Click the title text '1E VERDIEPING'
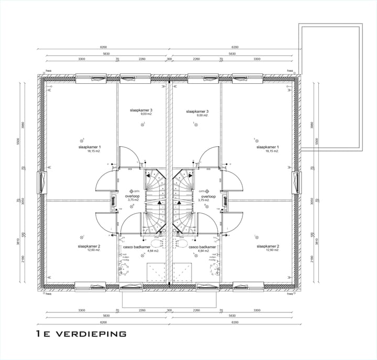coord(81,333)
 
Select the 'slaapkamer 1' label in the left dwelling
coord(88,147)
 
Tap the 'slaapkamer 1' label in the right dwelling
coord(267,147)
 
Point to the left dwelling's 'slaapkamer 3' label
coord(141,111)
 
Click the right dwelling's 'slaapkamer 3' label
coord(197,111)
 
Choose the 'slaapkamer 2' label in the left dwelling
coord(88,246)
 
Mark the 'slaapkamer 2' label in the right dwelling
coord(267,246)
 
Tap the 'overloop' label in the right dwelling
coord(204,196)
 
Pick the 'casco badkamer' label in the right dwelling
coord(202,246)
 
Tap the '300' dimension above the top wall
coord(169,60)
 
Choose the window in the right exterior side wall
coord(296,182)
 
